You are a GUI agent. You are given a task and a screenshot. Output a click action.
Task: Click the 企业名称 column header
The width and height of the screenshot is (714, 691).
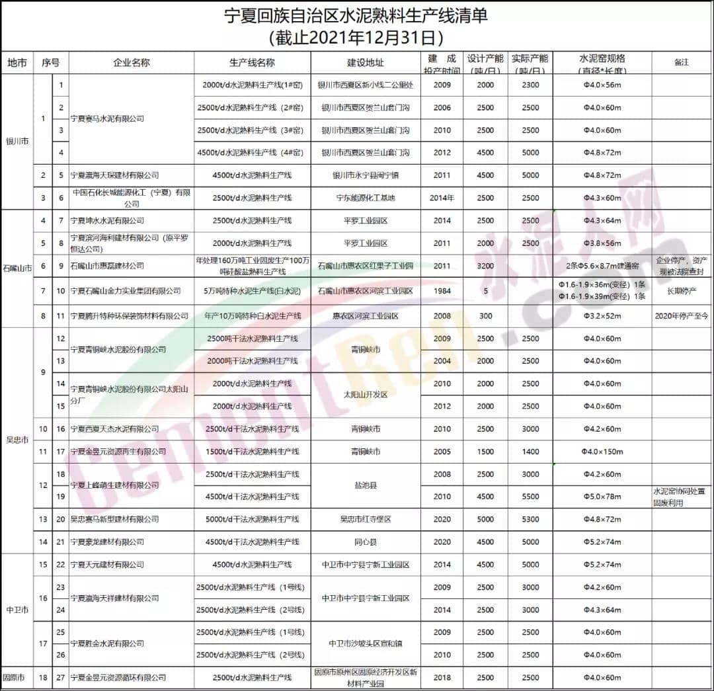pyautogui.click(x=132, y=63)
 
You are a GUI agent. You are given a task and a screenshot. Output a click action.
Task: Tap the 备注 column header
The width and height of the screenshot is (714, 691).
pyautogui.click(x=681, y=62)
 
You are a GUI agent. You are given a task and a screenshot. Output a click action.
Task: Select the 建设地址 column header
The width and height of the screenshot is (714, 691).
pyautogui.click(x=366, y=63)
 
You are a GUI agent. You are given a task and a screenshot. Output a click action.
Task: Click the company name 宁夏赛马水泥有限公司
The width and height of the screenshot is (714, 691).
pyautogui.click(x=107, y=118)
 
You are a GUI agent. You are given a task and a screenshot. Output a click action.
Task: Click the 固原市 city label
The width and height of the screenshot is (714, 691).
pyautogui.click(x=14, y=678)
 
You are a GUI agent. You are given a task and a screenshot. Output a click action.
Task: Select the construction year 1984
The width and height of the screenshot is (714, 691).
pyautogui.click(x=442, y=291)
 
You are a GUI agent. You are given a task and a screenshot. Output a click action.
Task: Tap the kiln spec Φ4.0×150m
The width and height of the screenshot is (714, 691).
pyautogui.click(x=602, y=452)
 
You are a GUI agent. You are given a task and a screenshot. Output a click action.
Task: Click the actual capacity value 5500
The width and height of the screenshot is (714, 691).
pyautogui.click(x=530, y=497)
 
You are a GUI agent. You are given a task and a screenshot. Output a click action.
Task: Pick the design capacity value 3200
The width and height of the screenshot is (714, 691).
pyautogui.click(x=485, y=266)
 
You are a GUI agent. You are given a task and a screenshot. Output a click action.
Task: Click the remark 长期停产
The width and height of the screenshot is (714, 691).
pyautogui.click(x=681, y=291)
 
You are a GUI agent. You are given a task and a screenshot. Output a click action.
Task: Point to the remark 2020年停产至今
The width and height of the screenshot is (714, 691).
pyautogui.click(x=681, y=316)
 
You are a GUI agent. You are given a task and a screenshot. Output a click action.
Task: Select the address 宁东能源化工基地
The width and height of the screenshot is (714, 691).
pyautogui.click(x=366, y=198)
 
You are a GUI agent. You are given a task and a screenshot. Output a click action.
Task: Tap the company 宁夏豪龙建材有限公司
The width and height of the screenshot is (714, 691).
pyautogui.click(x=107, y=542)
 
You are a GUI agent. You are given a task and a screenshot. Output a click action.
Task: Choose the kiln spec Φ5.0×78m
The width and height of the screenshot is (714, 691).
pyautogui.click(x=602, y=497)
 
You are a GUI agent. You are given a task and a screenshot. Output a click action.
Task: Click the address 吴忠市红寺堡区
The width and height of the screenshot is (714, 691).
pyautogui.click(x=366, y=520)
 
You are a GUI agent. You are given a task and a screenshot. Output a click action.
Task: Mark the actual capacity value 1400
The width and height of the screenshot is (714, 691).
pyautogui.click(x=530, y=452)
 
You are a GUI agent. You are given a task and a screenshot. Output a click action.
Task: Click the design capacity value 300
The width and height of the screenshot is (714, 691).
pyautogui.click(x=485, y=316)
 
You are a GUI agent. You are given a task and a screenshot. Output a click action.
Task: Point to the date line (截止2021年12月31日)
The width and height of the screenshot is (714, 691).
pyautogui.click(x=356, y=36)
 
